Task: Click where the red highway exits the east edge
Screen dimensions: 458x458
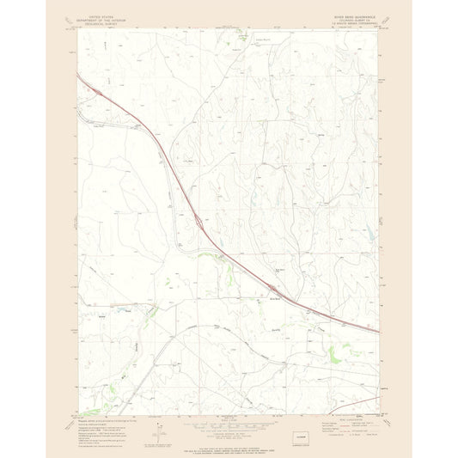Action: [379, 331]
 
